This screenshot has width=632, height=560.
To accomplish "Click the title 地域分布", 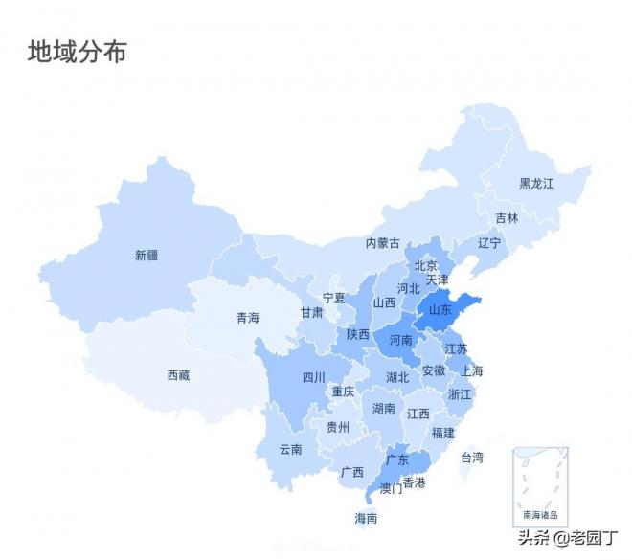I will click(x=77, y=51).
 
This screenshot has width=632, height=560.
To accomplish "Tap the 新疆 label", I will click(x=147, y=256).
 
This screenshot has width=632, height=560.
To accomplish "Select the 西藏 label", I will click(x=178, y=375).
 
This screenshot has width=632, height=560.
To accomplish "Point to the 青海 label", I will click(x=248, y=318).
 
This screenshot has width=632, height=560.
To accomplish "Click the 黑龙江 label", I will click(x=536, y=183).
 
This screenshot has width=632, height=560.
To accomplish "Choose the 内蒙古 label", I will click(x=383, y=244).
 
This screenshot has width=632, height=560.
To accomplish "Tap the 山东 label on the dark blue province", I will click(x=440, y=309).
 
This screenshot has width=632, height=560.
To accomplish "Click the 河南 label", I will click(x=400, y=340).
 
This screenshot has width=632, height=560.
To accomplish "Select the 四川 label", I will click(x=314, y=377).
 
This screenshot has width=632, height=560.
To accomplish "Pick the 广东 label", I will click(x=397, y=459).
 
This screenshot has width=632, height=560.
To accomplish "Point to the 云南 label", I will click(x=291, y=449).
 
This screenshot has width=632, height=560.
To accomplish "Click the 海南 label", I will click(x=366, y=518).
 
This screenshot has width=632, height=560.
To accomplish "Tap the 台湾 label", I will click(x=472, y=458).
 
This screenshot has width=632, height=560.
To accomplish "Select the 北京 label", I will click(x=426, y=265).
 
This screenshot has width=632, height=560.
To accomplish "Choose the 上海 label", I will click(x=472, y=370).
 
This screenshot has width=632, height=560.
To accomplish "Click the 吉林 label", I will click(x=507, y=218).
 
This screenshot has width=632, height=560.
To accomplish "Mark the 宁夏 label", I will click(x=334, y=298).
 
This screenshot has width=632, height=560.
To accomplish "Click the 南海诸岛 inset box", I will click(x=540, y=486).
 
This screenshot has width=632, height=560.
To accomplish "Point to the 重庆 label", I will click(x=343, y=392).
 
